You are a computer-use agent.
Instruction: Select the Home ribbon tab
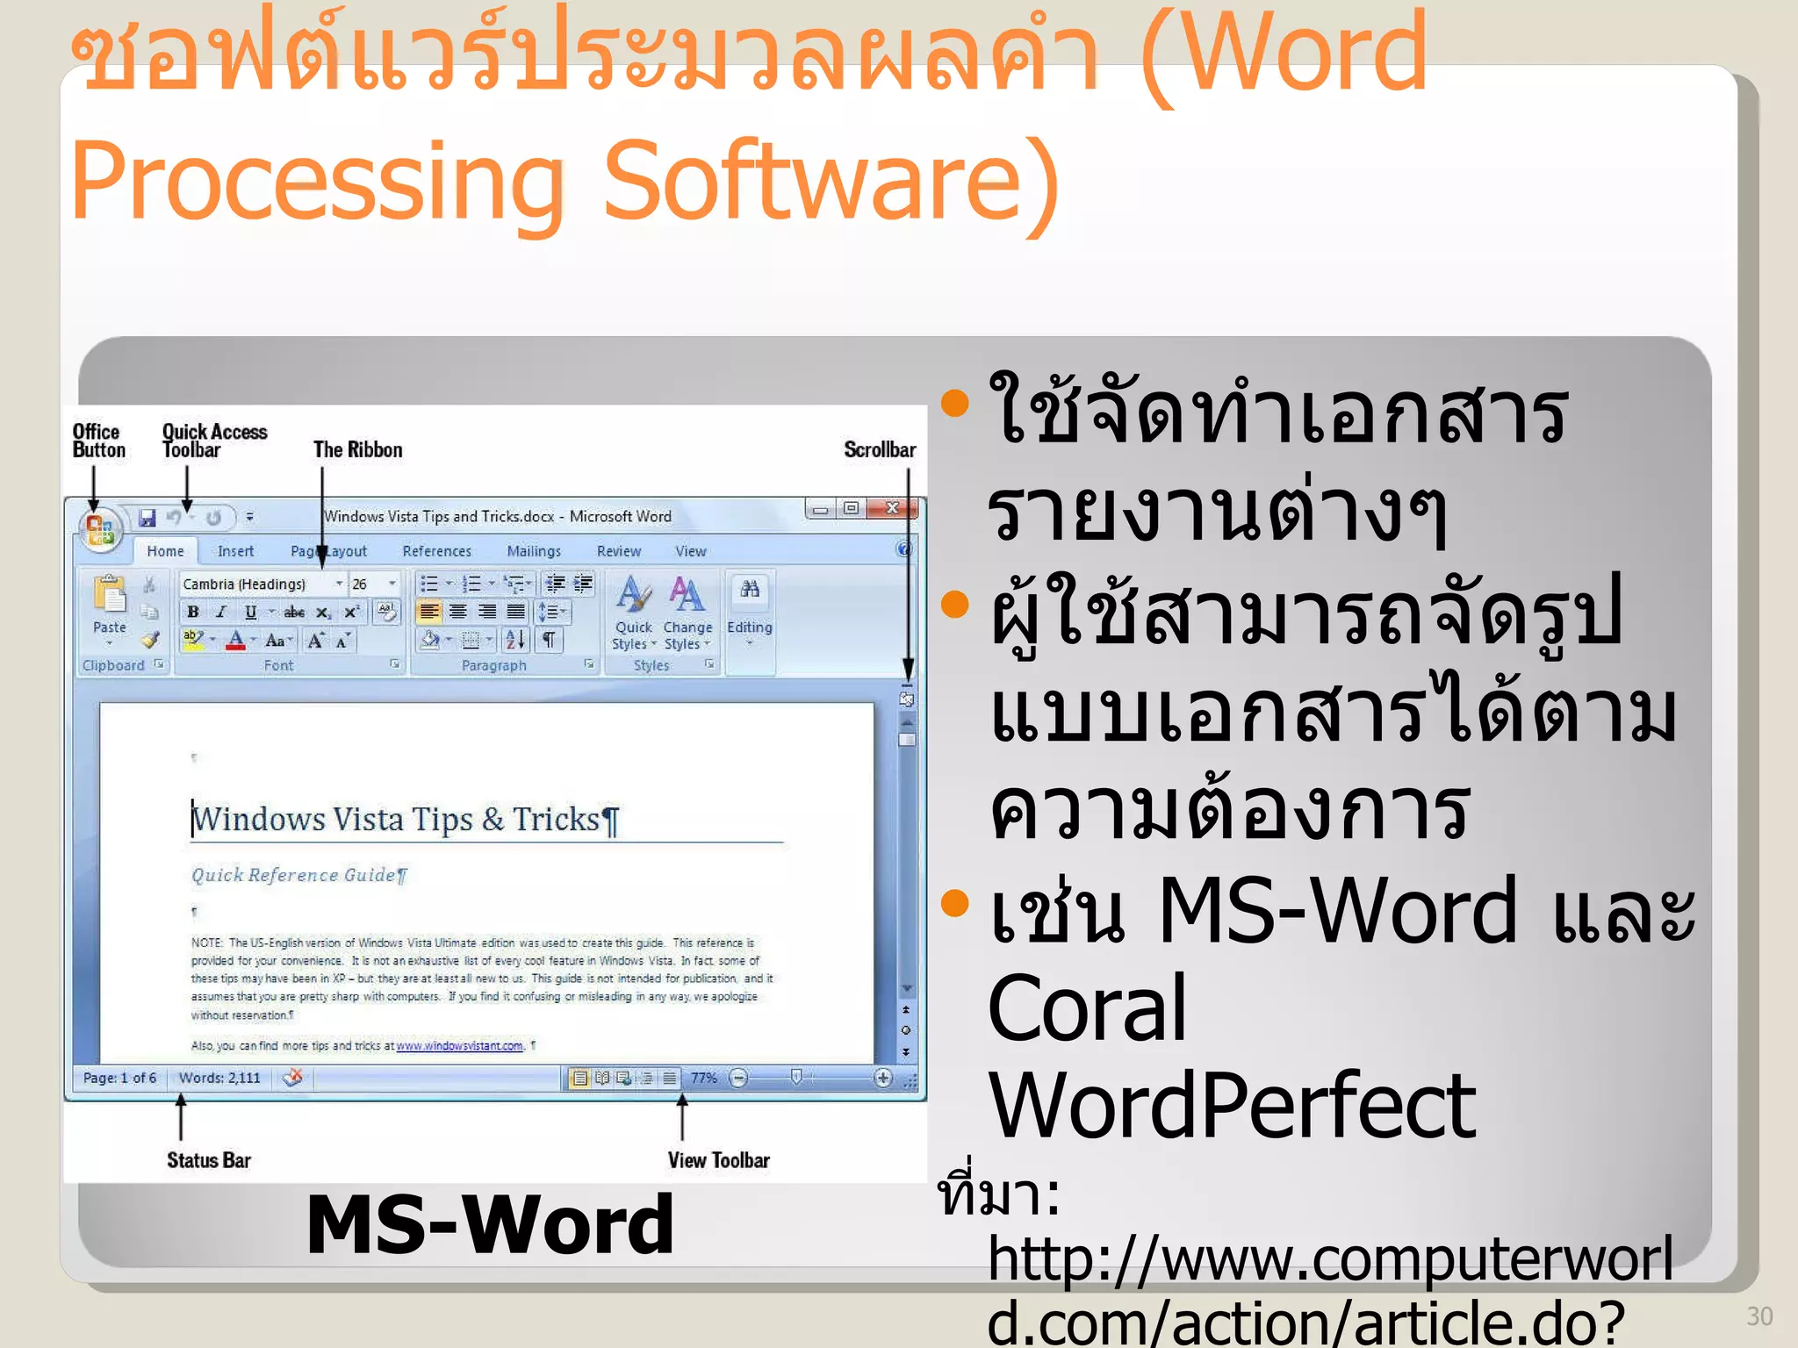[x=165, y=551]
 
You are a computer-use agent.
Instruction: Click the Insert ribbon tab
[x=235, y=551]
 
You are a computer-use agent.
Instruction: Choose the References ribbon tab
[x=436, y=551]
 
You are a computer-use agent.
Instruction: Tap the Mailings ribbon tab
[x=534, y=551]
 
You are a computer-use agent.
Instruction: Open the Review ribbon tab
[x=618, y=551]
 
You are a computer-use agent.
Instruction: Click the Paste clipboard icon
[x=110, y=597]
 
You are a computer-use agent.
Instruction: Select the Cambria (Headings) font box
[x=255, y=584]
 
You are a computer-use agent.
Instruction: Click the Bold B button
[x=193, y=613]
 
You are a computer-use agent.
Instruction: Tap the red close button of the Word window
[x=893, y=508]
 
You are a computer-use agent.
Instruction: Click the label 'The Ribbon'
[x=357, y=450]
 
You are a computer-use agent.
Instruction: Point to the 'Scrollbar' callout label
[x=879, y=450]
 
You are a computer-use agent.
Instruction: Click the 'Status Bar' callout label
[x=209, y=1160]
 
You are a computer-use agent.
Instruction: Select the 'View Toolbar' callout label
[x=718, y=1160]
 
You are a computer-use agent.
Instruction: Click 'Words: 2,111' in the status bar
[x=219, y=1078]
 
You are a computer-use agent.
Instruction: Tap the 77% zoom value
[x=703, y=1078]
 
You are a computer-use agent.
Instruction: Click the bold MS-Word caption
[x=490, y=1224]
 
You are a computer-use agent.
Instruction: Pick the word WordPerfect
[x=1231, y=1106]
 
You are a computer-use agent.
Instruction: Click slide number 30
[x=1759, y=1316]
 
